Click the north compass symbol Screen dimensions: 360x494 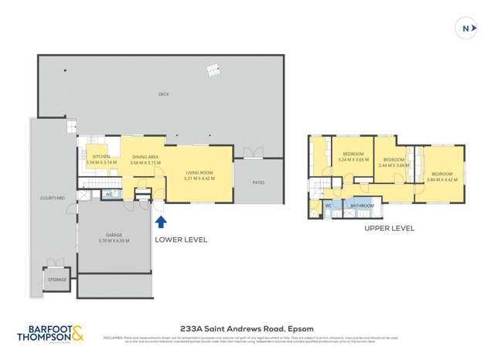click(468, 29)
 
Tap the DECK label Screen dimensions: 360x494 click(163, 94)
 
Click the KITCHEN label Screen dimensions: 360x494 click(101, 157)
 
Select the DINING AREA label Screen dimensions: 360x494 click(145, 157)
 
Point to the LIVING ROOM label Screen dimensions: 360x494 click(200, 173)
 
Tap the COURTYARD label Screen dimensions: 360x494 click(53, 199)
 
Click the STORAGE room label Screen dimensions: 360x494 click(57, 279)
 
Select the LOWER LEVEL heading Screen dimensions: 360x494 click(181, 240)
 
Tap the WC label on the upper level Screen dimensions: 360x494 click(329, 206)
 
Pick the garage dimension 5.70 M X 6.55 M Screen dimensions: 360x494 click(114, 241)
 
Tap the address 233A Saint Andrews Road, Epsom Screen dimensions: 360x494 click(247, 325)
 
